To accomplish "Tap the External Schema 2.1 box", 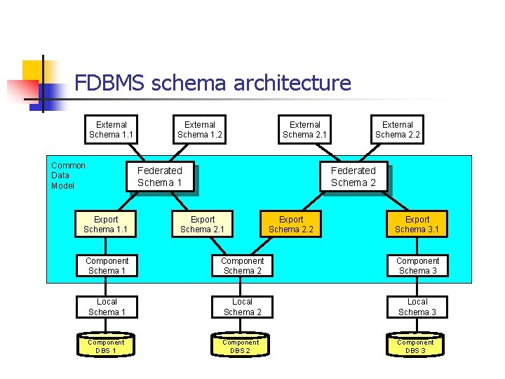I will pyautogui.click(x=304, y=130).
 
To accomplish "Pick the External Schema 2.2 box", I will pyautogui.click(x=398, y=130).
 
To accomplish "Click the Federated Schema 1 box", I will pyautogui.click(x=159, y=176).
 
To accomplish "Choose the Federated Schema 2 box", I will pyautogui.click(x=353, y=176).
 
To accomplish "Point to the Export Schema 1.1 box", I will pyautogui.click(x=106, y=224).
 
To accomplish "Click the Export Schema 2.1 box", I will pyautogui.click(x=203, y=224).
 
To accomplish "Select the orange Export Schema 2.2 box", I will pyautogui.click(x=291, y=224).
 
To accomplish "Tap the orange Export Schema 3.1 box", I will pyautogui.click(x=417, y=224).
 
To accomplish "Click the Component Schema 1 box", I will pyautogui.click(x=107, y=266).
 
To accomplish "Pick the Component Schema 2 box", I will pyautogui.click(x=243, y=266).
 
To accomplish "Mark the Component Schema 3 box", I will pyautogui.click(x=417, y=266).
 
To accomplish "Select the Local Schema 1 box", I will pyautogui.click(x=107, y=307).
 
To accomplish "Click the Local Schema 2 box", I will pyautogui.click(x=243, y=307).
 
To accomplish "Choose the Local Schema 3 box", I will pyautogui.click(x=417, y=307).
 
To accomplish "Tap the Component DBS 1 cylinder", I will pyautogui.click(x=106, y=346).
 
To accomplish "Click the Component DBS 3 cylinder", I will pyautogui.click(x=416, y=346).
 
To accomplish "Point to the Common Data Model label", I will pyautogui.click(x=68, y=175).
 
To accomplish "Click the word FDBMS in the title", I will pyautogui.click(x=109, y=83).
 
